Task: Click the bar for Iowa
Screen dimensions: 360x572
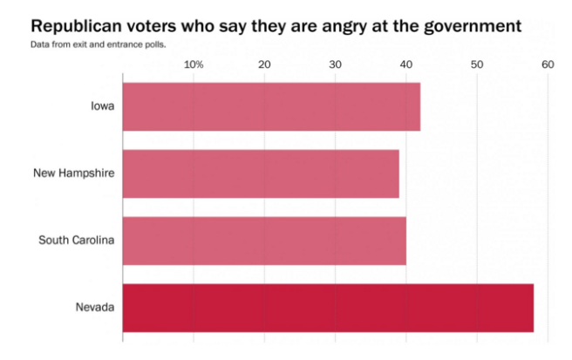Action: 271,106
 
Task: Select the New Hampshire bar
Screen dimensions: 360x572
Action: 261,173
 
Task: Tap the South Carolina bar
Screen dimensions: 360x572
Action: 264,240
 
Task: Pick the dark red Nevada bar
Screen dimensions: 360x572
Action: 328,308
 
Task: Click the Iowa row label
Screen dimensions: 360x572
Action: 103,106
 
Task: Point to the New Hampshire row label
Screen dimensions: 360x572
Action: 74,173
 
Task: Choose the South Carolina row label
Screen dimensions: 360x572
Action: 77,240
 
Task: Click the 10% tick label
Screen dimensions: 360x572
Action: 194,65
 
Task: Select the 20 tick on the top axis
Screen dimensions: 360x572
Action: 264,65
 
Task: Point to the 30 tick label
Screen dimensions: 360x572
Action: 335,65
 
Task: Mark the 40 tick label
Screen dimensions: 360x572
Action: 405,65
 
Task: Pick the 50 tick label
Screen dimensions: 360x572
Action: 476,65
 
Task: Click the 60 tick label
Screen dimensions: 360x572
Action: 547,65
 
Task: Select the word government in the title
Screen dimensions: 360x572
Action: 471,25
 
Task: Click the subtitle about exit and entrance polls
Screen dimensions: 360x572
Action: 98,44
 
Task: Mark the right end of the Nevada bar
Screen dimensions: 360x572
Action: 532,308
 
